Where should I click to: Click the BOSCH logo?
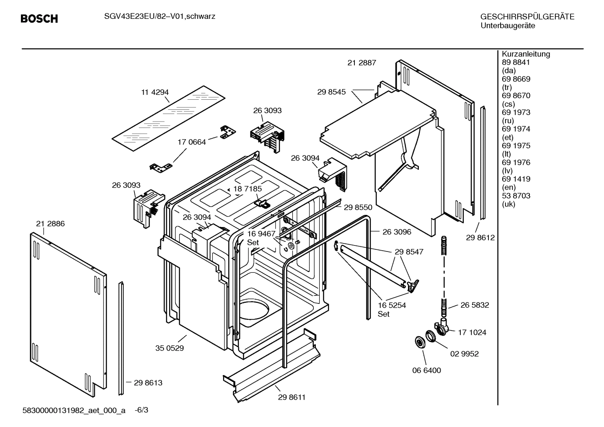(x=39, y=19)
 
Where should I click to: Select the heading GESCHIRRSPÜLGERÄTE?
(x=527, y=17)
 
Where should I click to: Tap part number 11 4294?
(x=155, y=92)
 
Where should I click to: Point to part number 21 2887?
(x=361, y=63)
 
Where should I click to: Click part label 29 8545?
(x=331, y=92)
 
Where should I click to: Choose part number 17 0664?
(x=191, y=142)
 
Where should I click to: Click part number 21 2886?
(x=50, y=224)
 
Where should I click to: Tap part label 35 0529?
(x=169, y=348)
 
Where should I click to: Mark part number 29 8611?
(x=292, y=397)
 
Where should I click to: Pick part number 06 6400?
(x=426, y=370)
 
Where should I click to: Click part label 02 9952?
(x=464, y=354)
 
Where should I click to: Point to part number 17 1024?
(x=472, y=332)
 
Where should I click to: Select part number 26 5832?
(x=475, y=305)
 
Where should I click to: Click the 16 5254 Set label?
(x=392, y=309)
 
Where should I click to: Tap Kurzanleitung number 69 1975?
(x=516, y=146)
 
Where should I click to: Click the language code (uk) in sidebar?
(x=508, y=204)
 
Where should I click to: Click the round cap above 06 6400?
(x=418, y=342)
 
